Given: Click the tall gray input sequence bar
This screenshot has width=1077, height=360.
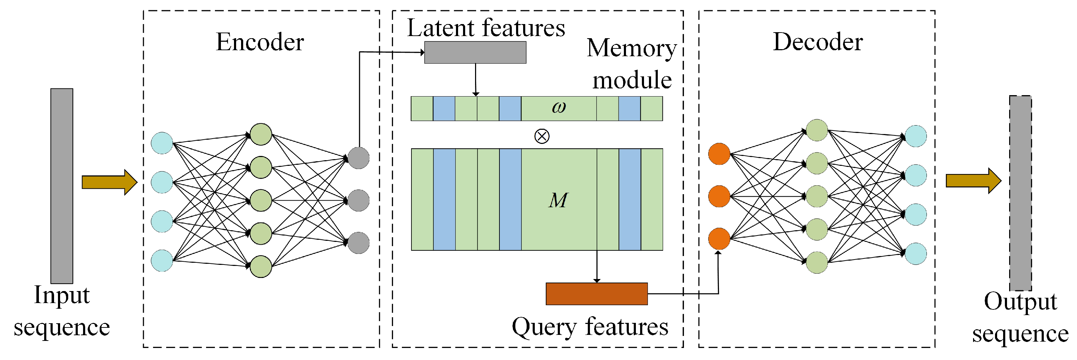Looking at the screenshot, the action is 62,186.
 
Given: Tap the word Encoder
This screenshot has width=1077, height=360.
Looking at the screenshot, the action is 260,42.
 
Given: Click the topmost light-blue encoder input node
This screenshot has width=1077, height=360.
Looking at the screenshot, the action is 162,143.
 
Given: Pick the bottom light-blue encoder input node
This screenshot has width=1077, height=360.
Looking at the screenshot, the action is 162,261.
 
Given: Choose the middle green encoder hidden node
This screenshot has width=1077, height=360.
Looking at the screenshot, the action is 261,200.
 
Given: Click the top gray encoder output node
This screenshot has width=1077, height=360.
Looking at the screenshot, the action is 358,158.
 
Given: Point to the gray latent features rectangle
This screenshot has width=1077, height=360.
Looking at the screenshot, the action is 475,52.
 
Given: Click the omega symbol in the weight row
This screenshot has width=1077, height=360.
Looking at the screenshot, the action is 559,108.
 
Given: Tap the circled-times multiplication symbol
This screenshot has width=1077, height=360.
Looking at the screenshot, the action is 542,136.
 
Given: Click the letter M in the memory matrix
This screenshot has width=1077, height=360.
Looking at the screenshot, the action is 558,200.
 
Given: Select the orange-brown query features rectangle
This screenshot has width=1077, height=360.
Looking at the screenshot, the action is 597,294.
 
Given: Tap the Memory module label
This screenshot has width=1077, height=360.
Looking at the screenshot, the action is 632,64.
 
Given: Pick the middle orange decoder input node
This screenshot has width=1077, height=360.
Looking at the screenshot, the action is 719,196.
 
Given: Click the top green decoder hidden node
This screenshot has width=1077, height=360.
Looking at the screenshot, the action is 817,130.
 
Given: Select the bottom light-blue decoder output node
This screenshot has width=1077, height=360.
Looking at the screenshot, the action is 915,254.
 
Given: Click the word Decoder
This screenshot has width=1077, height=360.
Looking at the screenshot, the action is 818,42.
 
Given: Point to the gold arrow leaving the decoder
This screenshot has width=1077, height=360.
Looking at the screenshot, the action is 974,181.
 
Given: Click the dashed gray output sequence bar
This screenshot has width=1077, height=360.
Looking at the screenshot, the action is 1020,193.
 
